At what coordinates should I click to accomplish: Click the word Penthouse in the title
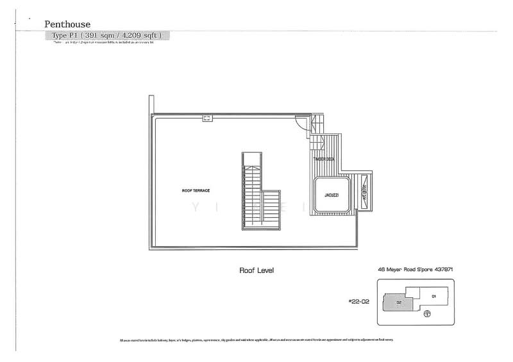(67, 24)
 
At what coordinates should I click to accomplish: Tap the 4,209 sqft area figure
(135, 35)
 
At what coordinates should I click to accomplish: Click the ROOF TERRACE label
(196, 191)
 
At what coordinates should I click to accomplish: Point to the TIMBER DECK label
(324, 159)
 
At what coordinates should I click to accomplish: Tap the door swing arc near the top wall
(300, 123)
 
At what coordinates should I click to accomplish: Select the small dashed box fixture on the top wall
(207, 117)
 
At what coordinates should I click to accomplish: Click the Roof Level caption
(256, 271)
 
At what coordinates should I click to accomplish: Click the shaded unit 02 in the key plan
(398, 302)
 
